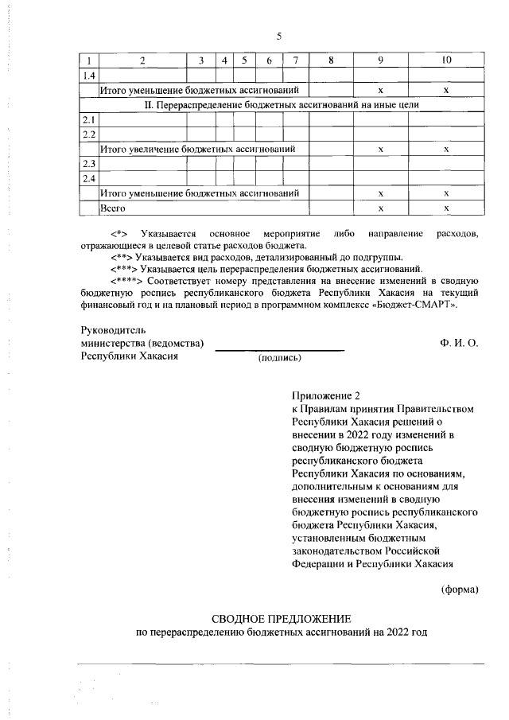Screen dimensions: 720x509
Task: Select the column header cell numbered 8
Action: click(331, 61)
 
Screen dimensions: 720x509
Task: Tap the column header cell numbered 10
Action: click(446, 61)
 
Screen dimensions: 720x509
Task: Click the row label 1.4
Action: click(89, 76)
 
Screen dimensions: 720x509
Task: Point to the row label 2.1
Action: click(89, 119)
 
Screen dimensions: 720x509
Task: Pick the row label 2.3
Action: click(89, 163)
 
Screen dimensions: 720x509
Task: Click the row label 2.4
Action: click(89, 177)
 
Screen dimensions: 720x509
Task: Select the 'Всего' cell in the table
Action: click(113, 208)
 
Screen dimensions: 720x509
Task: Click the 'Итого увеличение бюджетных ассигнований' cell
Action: click(198, 149)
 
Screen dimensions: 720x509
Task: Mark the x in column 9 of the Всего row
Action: click(381, 208)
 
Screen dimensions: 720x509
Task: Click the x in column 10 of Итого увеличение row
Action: click(446, 149)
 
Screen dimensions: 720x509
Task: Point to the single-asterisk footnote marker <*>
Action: click(119, 233)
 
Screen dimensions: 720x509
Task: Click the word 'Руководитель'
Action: click(114, 329)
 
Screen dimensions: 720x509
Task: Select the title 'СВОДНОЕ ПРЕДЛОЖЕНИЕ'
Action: click(280, 618)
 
